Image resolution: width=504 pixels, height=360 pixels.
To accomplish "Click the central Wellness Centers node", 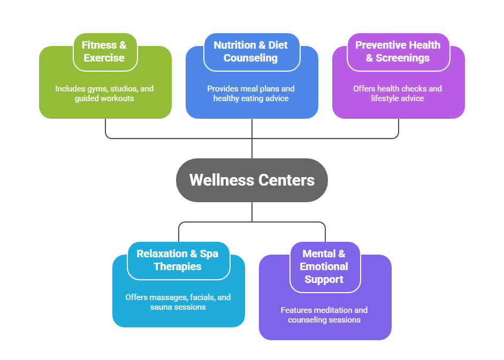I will (251, 180).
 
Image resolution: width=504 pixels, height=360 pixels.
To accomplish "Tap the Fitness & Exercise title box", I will (105, 51).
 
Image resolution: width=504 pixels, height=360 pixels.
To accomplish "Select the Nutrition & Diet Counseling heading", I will (250, 51).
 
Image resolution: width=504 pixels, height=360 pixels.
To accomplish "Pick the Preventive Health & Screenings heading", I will (398, 51).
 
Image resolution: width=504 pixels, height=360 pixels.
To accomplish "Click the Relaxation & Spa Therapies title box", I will (178, 260).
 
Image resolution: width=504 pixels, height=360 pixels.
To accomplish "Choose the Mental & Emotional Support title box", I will (324, 266).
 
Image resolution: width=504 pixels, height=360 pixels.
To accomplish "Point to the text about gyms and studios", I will (104, 94).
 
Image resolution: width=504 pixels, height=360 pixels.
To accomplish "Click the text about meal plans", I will (251, 94).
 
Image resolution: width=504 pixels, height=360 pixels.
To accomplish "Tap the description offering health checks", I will (398, 94).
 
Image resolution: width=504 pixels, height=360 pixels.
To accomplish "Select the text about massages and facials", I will (178, 302).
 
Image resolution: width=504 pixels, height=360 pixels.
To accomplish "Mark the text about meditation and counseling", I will (324, 315).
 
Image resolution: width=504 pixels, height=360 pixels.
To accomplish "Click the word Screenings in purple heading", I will (402, 58).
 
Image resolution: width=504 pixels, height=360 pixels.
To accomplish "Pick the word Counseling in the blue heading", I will (250, 58).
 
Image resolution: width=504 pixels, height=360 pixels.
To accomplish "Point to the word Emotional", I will (324, 266).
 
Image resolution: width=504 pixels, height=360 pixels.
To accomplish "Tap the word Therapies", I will (178, 266).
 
